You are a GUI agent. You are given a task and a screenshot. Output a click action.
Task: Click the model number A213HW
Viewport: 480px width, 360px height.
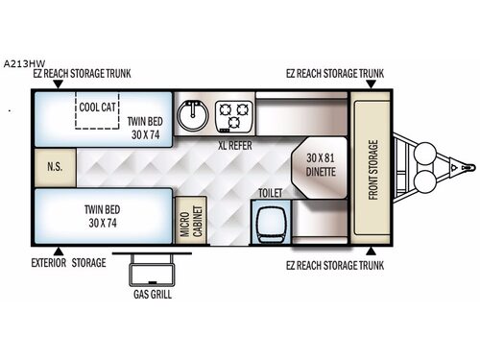(21, 55)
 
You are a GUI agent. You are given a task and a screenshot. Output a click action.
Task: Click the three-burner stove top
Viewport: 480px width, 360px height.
(234, 116)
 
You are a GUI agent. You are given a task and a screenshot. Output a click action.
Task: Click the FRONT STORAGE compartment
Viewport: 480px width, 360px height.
(372, 169)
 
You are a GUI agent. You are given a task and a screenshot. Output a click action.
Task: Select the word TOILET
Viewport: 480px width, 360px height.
(269, 193)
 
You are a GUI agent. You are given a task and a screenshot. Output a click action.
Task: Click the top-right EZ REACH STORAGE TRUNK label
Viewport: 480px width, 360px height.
(334, 73)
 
